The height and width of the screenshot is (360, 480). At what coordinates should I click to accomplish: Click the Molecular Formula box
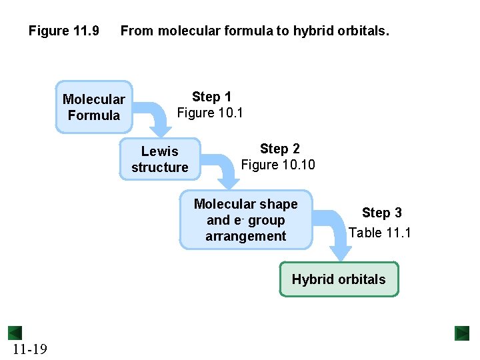click(94, 107)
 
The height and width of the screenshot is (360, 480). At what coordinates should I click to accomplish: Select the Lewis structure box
click(160, 159)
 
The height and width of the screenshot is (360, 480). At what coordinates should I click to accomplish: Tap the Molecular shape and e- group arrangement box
click(246, 220)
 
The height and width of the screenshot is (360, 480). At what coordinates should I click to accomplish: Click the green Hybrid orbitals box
click(339, 279)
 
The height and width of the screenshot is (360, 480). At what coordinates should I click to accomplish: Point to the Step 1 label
click(211, 97)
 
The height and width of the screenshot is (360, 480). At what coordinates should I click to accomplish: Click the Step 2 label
click(279, 149)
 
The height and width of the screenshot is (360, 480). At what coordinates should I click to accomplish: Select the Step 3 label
click(381, 213)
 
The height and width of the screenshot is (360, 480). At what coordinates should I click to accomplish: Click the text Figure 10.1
click(210, 113)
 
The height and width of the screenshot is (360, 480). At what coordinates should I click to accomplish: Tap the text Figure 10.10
click(278, 165)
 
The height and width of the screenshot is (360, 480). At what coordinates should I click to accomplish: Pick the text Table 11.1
click(380, 233)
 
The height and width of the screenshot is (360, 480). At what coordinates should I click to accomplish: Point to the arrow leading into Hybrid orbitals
click(337, 233)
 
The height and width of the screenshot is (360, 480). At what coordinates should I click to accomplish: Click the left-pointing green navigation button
click(15, 333)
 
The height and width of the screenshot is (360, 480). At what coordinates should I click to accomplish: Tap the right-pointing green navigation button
click(462, 333)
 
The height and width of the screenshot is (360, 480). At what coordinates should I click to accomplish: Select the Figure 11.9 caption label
click(63, 31)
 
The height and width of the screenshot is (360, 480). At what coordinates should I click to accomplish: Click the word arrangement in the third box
click(246, 236)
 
